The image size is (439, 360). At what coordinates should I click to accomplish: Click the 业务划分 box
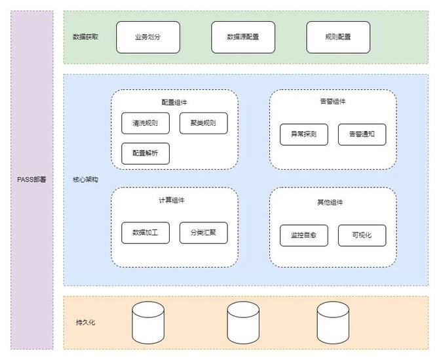[148, 37]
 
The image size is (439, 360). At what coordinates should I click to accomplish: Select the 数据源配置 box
[243, 37]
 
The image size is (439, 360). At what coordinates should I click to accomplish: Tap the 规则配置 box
[338, 37]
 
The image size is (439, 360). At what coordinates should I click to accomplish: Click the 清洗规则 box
[145, 123]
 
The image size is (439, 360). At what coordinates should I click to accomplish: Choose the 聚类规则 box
[203, 123]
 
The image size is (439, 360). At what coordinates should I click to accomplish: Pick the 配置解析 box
[145, 153]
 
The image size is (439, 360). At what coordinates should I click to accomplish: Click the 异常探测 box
[304, 134]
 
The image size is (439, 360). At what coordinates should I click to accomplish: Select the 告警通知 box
[362, 134]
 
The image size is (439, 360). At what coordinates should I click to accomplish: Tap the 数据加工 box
[145, 233]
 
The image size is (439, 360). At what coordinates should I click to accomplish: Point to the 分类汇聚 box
[203, 233]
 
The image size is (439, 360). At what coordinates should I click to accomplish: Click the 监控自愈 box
[304, 235]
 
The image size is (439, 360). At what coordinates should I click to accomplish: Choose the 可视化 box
[362, 235]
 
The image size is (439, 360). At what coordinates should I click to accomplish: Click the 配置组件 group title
[174, 102]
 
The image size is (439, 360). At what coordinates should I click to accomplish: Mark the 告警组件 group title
[333, 102]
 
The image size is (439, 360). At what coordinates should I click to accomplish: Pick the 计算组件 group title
[174, 200]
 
